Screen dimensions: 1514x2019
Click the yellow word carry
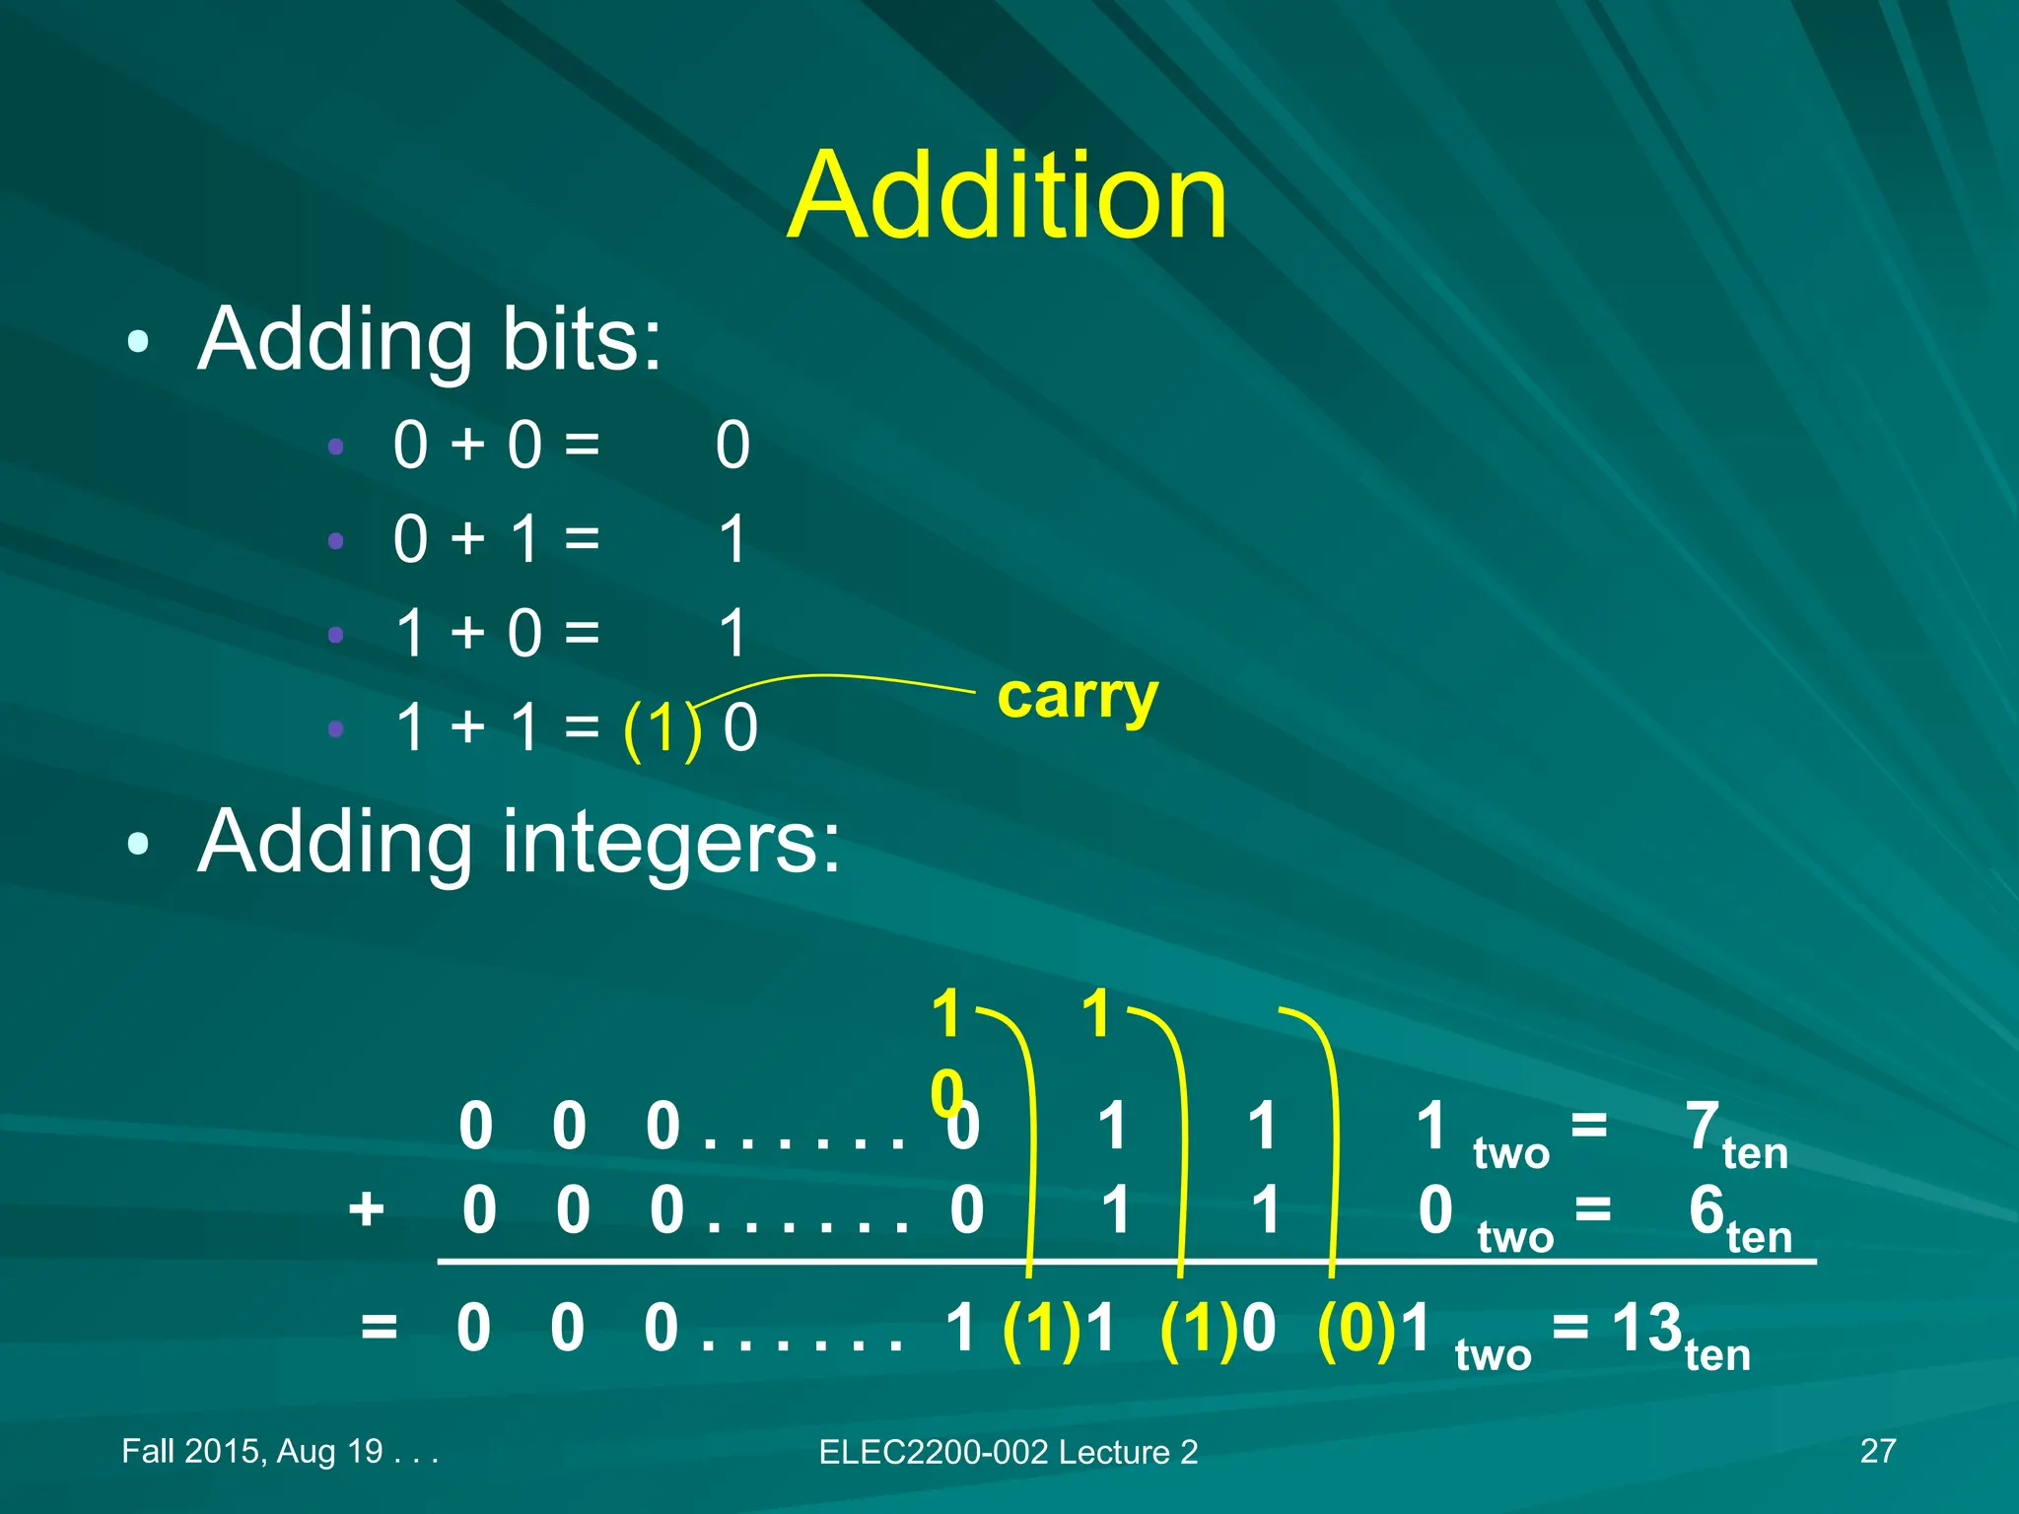tap(1078, 697)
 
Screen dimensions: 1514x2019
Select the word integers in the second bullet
tap(670, 842)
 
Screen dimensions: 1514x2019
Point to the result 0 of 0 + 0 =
tap(732, 445)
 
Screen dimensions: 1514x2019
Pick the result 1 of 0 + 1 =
tap(732, 539)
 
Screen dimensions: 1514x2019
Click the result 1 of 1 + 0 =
tap(732, 633)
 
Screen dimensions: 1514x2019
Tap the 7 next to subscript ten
tap(1703, 1125)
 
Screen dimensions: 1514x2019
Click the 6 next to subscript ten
tap(1706, 1209)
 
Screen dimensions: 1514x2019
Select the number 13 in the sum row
tap(1646, 1328)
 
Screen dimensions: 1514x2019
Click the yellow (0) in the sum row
tap(1357, 1328)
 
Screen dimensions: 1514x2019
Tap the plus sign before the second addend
tap(366, 1208)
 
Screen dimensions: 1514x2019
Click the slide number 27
tap(1877, 1451)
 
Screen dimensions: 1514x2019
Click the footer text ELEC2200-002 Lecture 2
tap(1008, 1452)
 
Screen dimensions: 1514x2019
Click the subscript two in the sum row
tap(1493, 1355)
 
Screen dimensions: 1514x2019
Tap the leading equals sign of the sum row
tap(380, 1327)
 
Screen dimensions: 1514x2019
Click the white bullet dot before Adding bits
tap(138, 341)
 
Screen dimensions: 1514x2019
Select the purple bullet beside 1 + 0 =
tap(336, 634)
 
